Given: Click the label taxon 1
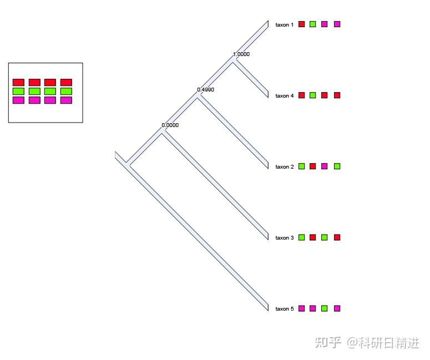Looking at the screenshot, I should [284, 24].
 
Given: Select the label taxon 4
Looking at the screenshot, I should [284, 95].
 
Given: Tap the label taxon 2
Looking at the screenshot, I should [284, 166].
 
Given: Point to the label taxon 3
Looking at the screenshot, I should [284, 237].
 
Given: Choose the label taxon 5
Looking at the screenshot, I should [284, 308].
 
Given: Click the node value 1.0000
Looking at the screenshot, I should [241, 54].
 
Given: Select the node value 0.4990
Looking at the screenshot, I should [205, 89].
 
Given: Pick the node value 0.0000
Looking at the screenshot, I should [170, 125].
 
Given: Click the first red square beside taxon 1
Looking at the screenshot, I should [301, 24].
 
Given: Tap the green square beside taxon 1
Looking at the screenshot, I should [312, 24].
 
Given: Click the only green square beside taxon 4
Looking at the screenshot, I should [312, 95].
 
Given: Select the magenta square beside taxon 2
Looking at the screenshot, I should [325, 166].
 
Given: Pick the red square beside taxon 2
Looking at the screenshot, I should [312, 166].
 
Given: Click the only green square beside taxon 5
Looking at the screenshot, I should [325, 308].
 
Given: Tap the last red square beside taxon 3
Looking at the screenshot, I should [337, 237].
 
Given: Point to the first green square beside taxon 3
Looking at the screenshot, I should [301, 237].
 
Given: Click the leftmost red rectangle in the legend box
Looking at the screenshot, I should [18, 82].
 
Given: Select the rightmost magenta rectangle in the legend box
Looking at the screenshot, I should [66, 100].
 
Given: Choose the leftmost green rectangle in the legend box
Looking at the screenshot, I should [18, 91].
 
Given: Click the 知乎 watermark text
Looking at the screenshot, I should [328, 342].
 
